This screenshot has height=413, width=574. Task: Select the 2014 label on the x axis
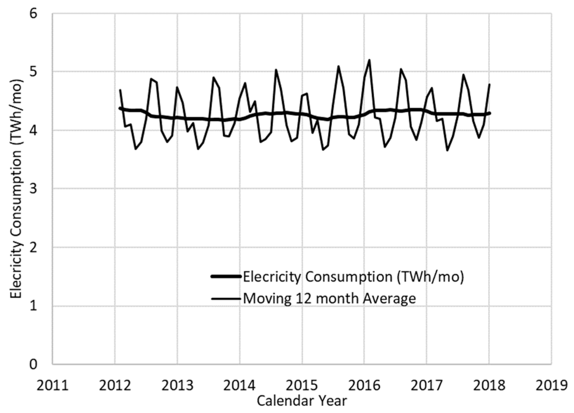239,386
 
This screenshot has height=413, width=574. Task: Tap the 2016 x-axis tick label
364,386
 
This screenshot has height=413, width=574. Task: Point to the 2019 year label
551,386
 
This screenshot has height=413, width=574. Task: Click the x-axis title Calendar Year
302,401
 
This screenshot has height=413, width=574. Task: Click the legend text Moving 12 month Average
329,299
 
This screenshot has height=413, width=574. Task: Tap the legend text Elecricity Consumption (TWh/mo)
353,276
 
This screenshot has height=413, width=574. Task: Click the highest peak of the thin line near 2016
370,60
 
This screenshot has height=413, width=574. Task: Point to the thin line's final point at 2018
489,84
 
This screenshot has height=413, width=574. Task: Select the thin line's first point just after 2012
120,90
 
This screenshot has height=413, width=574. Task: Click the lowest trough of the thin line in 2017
447,150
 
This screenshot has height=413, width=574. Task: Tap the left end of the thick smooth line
120,108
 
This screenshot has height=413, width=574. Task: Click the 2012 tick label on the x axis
115,386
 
